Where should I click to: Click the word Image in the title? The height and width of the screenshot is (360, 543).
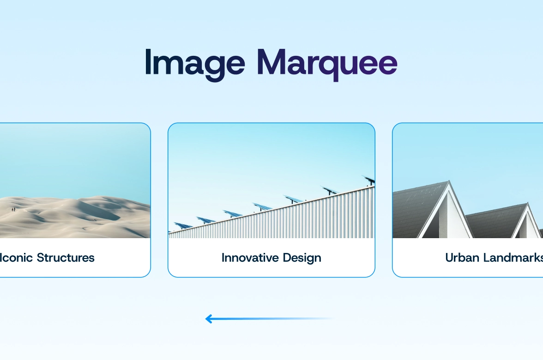(x=195, y=65)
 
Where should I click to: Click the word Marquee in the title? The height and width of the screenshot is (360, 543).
(x=327, y=65)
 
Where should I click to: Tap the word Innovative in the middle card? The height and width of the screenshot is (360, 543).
(x=250, y=258)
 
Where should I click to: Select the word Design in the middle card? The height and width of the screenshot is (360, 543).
(x=302, y=258)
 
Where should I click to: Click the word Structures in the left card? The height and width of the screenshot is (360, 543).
(x=66, y=258)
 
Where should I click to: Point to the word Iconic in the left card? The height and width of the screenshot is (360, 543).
(x=17, y=258)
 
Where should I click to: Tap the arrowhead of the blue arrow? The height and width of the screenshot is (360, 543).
(x=209, y=318)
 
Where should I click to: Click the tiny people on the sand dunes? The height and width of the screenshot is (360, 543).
(x=13, y=209)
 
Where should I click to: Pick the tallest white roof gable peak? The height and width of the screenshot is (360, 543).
(x=449, y=181)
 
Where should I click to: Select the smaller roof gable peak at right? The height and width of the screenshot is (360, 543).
(x=528, y=204)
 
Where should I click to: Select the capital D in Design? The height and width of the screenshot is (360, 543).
(x=287, y=258)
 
